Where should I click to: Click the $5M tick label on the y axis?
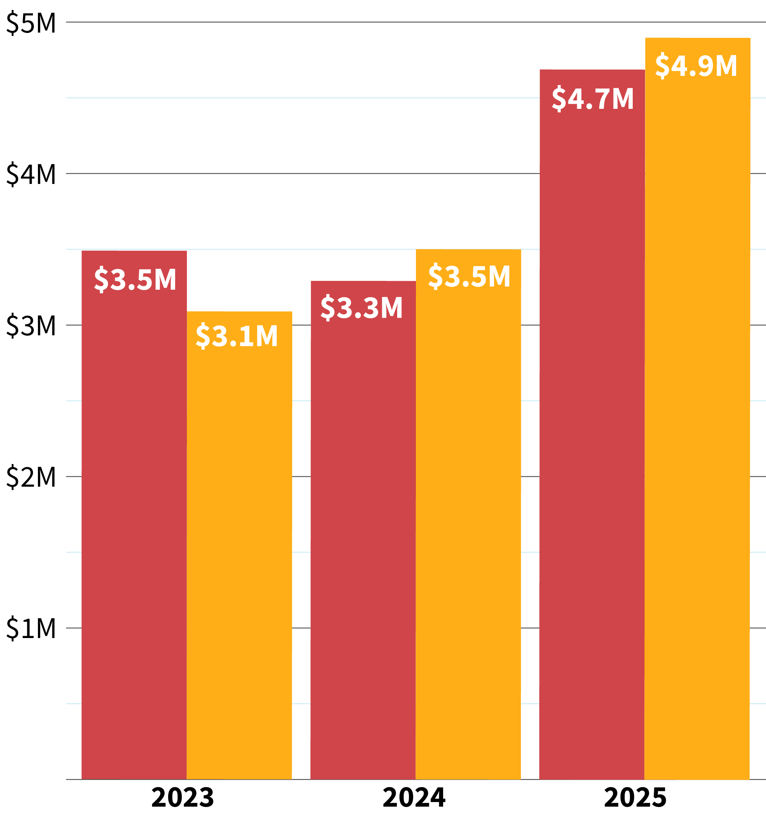[x=31, y=23]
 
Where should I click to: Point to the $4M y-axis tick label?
[x=31, y=175]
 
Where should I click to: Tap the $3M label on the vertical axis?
[x=31, y=326]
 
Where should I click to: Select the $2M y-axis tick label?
[x=31, y=477]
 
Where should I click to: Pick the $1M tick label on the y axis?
[x=31, y=629]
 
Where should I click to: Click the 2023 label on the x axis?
[x=182, y=798]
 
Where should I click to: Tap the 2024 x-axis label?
[x=414, y=798]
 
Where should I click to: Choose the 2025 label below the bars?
[x=635, y=798]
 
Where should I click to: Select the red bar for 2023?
[x=134, y=518]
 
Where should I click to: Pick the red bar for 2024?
[x=363, y=539]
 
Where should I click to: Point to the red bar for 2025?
[x=592, y=436]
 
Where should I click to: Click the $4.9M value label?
[x=696, y=66]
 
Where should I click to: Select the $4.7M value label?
[x=593, y=99]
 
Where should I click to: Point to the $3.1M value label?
[x=236, y=336]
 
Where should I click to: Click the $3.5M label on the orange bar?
[x=469, y=276]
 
